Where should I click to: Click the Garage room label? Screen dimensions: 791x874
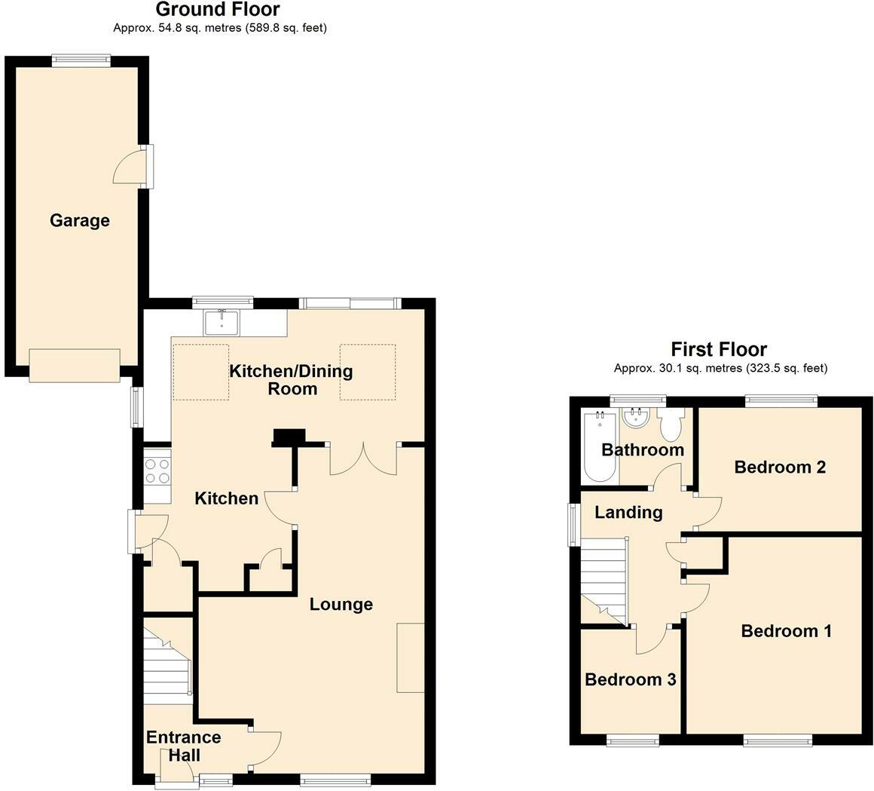click(79, 221)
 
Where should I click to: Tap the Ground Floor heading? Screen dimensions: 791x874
click(217, 10)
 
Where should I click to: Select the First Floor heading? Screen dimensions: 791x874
click(719, 349)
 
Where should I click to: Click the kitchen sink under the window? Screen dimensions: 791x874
click(222, 323)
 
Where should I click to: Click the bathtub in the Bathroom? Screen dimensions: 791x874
click(600, 446)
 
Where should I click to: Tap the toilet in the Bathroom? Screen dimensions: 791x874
click(670, 425)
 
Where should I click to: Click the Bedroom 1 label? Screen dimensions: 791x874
click(786, 631)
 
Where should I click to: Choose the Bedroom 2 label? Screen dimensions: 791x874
click(780, 468)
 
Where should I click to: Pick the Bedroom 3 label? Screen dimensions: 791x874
click(630, 679)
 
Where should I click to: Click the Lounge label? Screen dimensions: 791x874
click(341, 605)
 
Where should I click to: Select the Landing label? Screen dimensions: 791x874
click(628, 513)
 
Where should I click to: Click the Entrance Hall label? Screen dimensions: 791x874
click(183, 746)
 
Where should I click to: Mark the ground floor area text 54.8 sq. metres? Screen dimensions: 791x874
click(219, 28)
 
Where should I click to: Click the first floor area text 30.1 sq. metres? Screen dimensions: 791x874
click(720, 369)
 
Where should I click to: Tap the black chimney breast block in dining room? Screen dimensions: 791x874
click(289, 437)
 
